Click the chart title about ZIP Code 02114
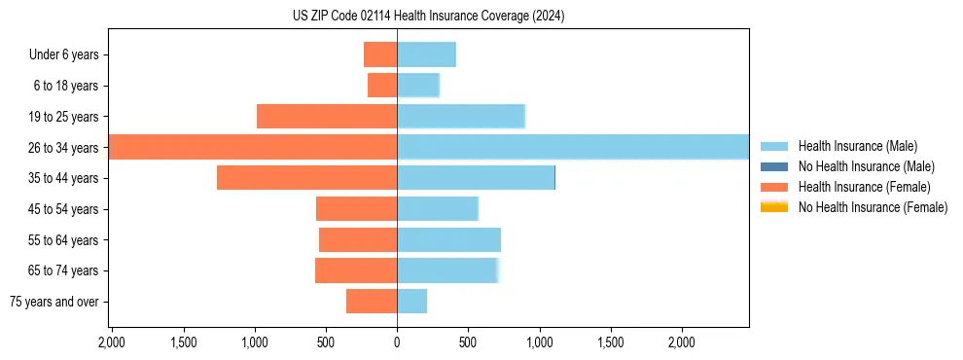click(x=428, y=17)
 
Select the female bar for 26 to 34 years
click(x=253, y=147)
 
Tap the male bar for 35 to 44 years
click(x=476, y=178)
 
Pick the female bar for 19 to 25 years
click(x=327, y=116)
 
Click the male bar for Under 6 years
click(x=426, y=54)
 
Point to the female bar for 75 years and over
click(x=372, y=302)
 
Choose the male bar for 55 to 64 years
click(x=448, y=239)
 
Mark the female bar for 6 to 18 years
click(x=382, y=86)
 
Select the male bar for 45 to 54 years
click(x=438, y=208)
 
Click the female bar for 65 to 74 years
click(x=356, y=270)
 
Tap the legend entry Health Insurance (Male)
click(x=851, y=146)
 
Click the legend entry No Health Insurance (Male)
click(x=856, y=166)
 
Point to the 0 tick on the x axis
click(x=397, y=342)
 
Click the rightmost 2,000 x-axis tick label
click(x=681, y=342)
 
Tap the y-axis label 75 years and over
click(x=54, y=302)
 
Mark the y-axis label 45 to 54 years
click(x=66, y=209)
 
